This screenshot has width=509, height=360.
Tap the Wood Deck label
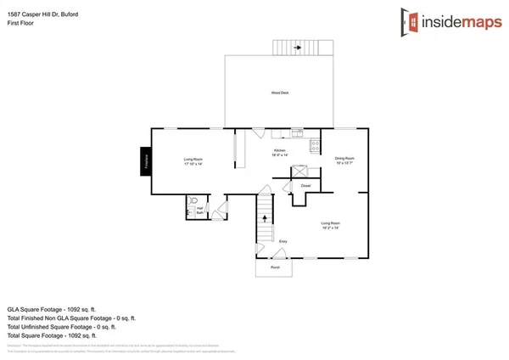280,93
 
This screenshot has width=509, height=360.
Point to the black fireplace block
146,161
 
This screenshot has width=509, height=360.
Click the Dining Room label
344,160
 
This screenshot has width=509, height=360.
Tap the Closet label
305,185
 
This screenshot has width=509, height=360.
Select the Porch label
275,267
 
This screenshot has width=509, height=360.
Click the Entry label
282,242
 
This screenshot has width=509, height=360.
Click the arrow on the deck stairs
298,48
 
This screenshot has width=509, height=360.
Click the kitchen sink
297,132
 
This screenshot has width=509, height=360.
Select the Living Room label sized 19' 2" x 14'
330,225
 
